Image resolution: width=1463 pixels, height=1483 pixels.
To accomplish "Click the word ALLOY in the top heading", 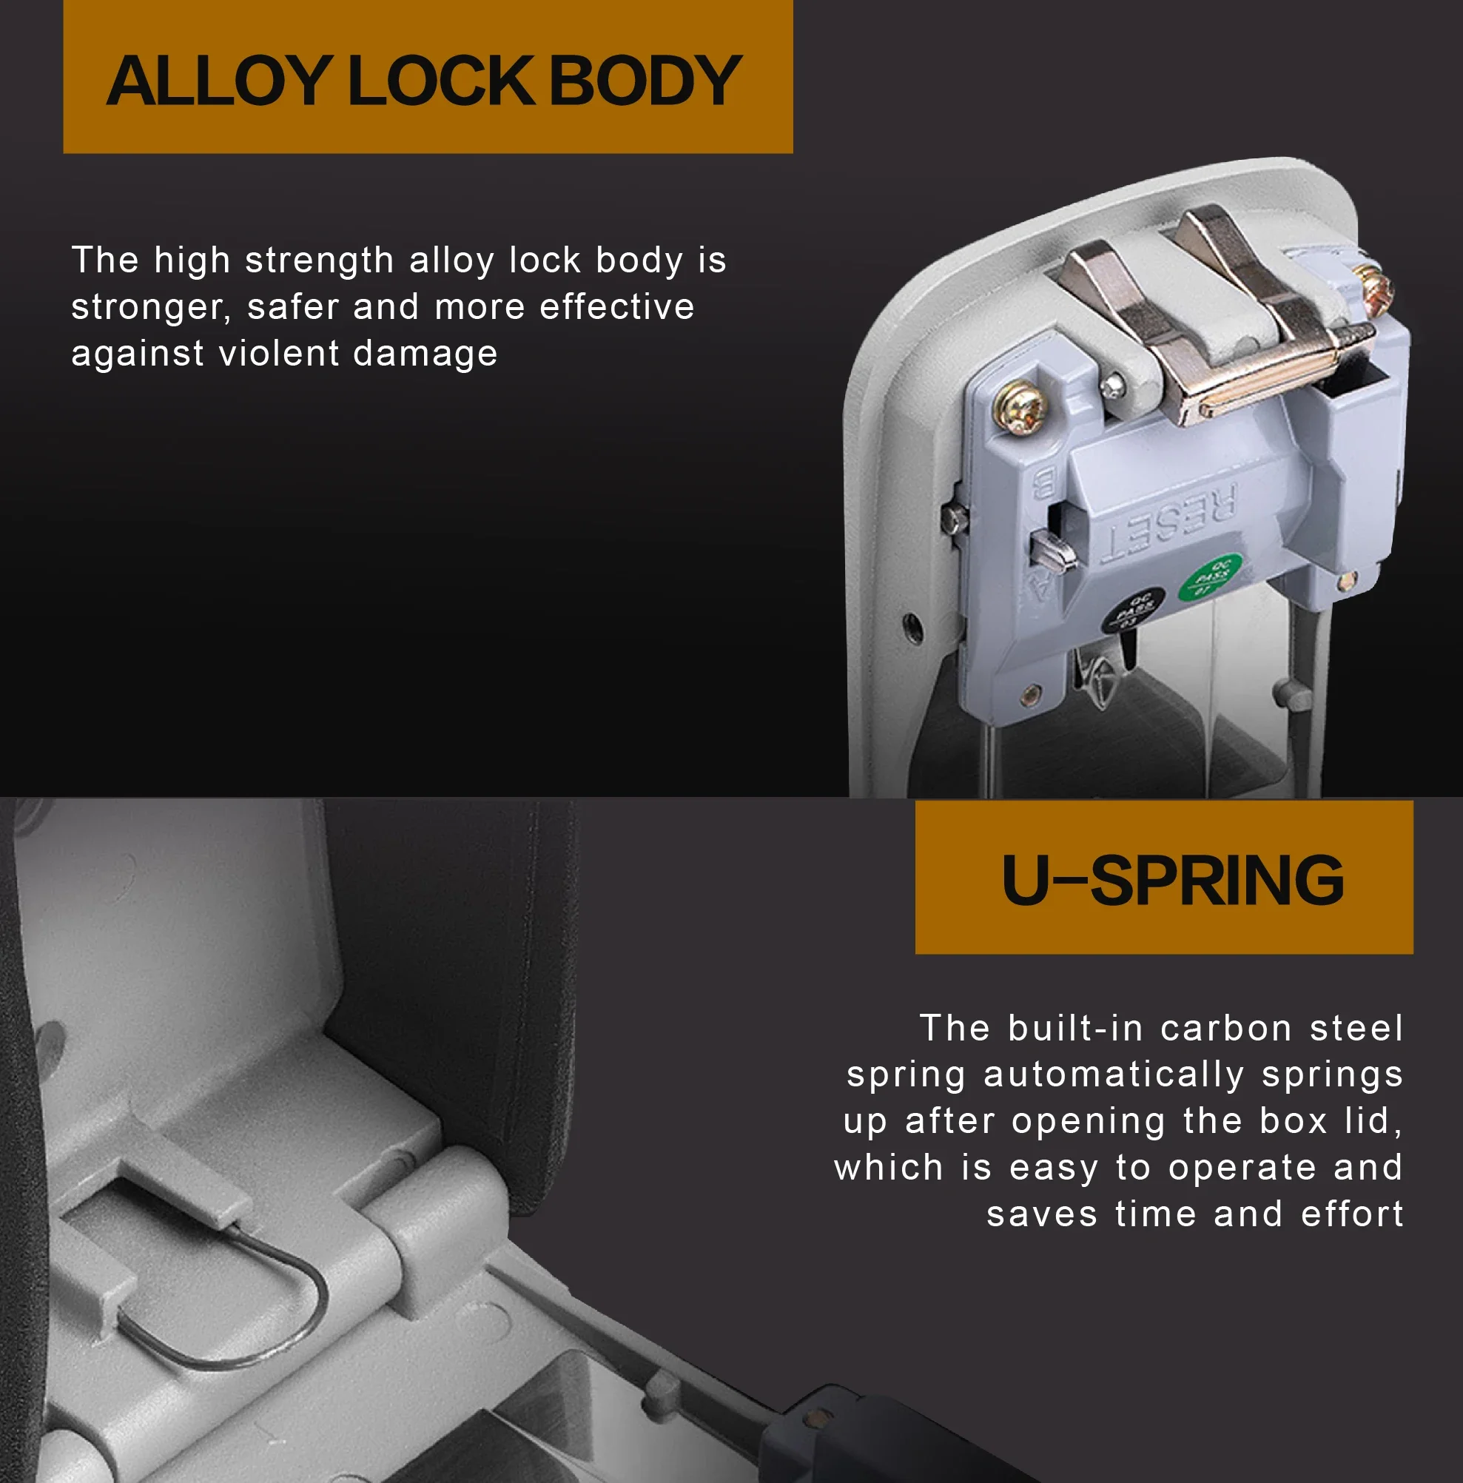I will click(x=219, y=81).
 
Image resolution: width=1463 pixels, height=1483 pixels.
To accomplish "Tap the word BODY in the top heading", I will click(x=645, y=81).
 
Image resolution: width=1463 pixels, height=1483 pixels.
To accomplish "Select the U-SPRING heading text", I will click(x=1173, y=880).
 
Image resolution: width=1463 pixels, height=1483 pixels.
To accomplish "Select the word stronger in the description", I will click(x=150, y=308).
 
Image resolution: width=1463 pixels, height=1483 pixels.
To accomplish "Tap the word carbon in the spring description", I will click(x=1225, y=1029).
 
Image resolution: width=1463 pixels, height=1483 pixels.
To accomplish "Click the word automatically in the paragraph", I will click(x=1113, y=1075).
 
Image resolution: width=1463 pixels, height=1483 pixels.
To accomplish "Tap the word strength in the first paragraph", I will click(x=319, y=261).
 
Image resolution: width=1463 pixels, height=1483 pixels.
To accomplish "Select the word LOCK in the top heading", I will click(x=441, y=81).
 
